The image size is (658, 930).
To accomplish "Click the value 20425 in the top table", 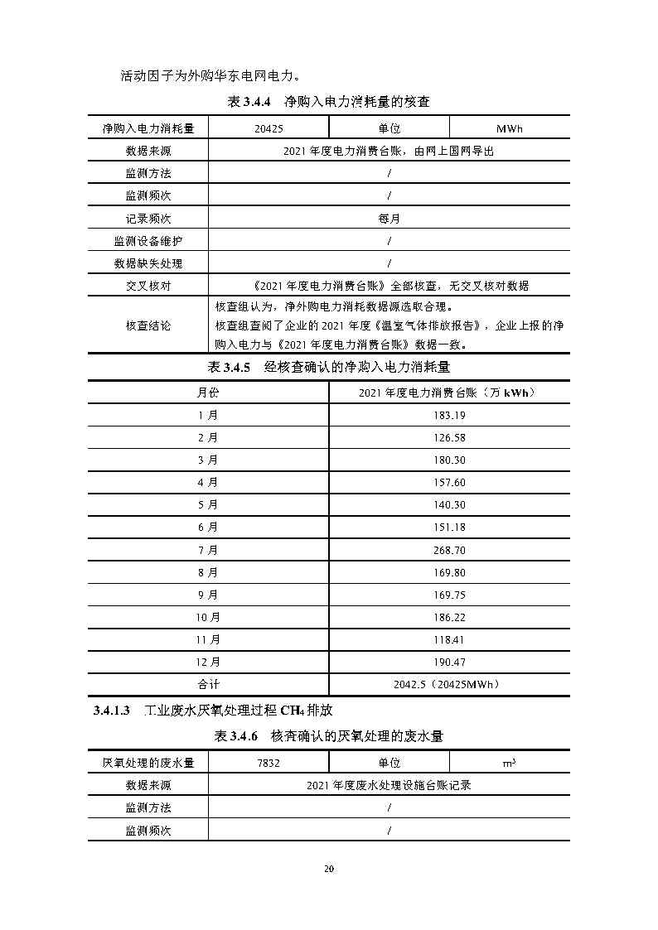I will click(x=269, y=128).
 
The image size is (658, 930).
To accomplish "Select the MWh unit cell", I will click(x=510, y=128).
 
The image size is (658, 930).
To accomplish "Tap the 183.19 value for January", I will click(x=449, y=415).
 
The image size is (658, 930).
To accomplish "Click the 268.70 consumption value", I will click(x=449, y=550).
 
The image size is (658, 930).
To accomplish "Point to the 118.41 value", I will click(x=449, y=639).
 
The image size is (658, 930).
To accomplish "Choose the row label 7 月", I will click(x=208, y=550).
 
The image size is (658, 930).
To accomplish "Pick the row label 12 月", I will click(x=208, y=662).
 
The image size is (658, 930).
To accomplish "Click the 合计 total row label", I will click(x=208, y=684).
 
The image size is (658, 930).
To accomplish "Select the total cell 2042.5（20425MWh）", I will click(x=449, y=684).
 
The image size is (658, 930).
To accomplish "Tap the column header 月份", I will click(x=208, y=392).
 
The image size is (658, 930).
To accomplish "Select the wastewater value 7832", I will click(x=269, y=763).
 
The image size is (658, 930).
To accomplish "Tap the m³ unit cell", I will click(x=510, y=763).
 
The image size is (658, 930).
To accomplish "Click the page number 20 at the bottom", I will click(x=328, y=869).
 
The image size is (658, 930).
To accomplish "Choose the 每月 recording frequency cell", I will click(x=389, y=219).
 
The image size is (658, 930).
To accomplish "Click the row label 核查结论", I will click(x=148, y=325).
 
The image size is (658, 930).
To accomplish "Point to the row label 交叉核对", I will click(x=148, y=286).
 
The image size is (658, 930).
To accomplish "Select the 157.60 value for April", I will click(x=449, y=482).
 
